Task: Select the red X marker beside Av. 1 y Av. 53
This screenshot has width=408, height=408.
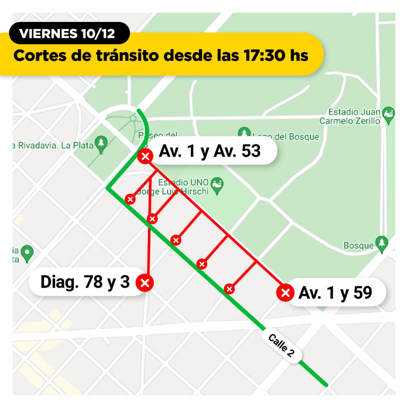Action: pos(145,156)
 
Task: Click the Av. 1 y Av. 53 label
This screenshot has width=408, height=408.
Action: pos(210,151)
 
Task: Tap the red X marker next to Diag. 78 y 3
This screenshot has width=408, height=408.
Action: pos(145,282)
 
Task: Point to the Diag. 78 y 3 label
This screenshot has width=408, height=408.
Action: pos(85,282)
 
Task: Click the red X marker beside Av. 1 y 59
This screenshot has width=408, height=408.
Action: pos(285,292)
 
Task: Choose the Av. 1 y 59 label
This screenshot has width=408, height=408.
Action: pos(335,293)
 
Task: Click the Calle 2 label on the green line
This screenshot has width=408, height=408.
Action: pos(281,345)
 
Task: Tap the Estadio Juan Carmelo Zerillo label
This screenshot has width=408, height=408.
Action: pos(350,116)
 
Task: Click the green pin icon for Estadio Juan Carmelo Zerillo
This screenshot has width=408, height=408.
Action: pos(388,115)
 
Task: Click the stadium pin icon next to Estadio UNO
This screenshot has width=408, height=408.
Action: pos(217,185)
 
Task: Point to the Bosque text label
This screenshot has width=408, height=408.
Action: pos(358,245)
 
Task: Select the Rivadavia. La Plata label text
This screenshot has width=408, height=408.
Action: pos(54,145)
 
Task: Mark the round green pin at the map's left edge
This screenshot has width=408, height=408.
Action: pos(27,252)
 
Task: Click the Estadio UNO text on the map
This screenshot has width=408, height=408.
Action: pos(183,182)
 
